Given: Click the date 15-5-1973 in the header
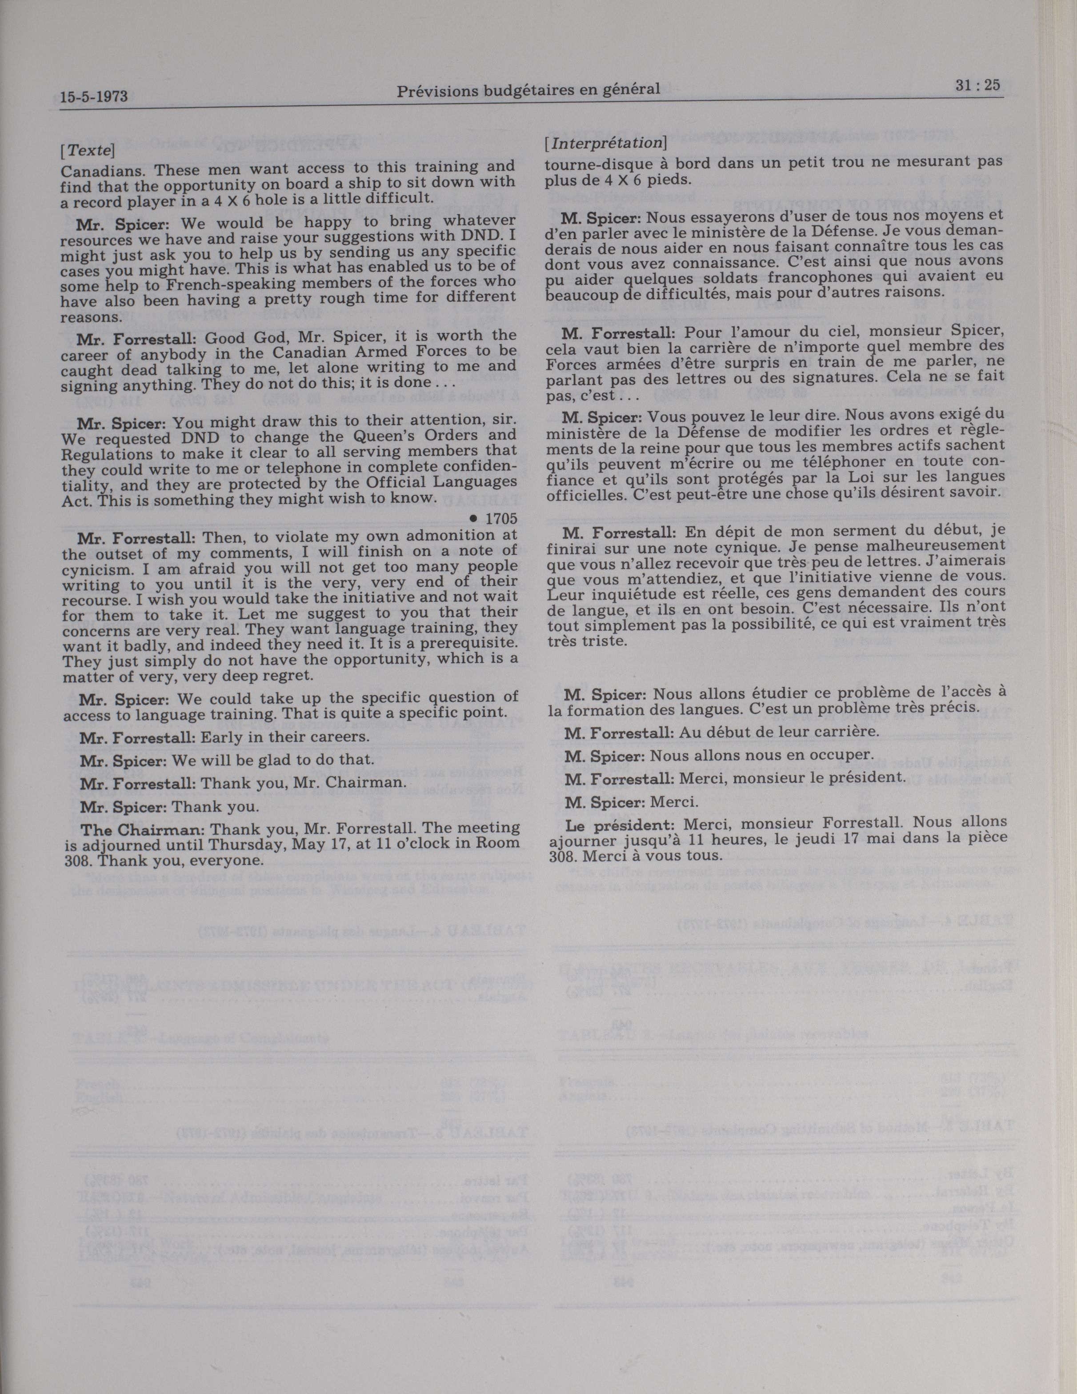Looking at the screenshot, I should (x=94, y=97).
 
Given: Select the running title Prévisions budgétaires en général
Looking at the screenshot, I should (x=528, y=90).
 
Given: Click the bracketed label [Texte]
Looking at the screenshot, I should (x=88, y=151).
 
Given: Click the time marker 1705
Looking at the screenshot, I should (x=500, y=518).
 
